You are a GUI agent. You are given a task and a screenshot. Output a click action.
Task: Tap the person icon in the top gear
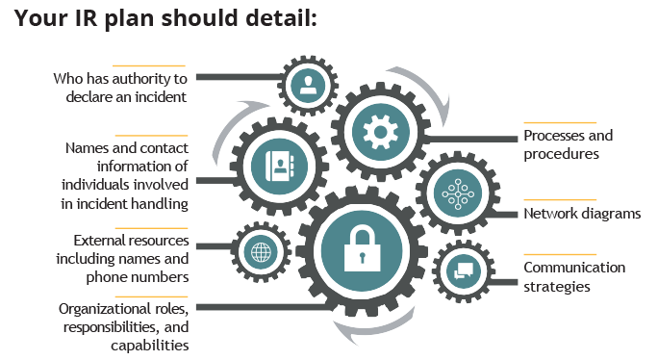point(308,84)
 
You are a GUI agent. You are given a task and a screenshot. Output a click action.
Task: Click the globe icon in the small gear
point(261,253)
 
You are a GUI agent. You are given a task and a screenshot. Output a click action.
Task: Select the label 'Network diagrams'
point(581,214)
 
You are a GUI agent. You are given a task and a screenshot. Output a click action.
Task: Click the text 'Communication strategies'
point(573,276)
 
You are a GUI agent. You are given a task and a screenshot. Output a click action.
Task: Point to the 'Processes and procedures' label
point(568,144)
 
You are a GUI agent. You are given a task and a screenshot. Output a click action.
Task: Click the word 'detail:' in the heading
point(281,19)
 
